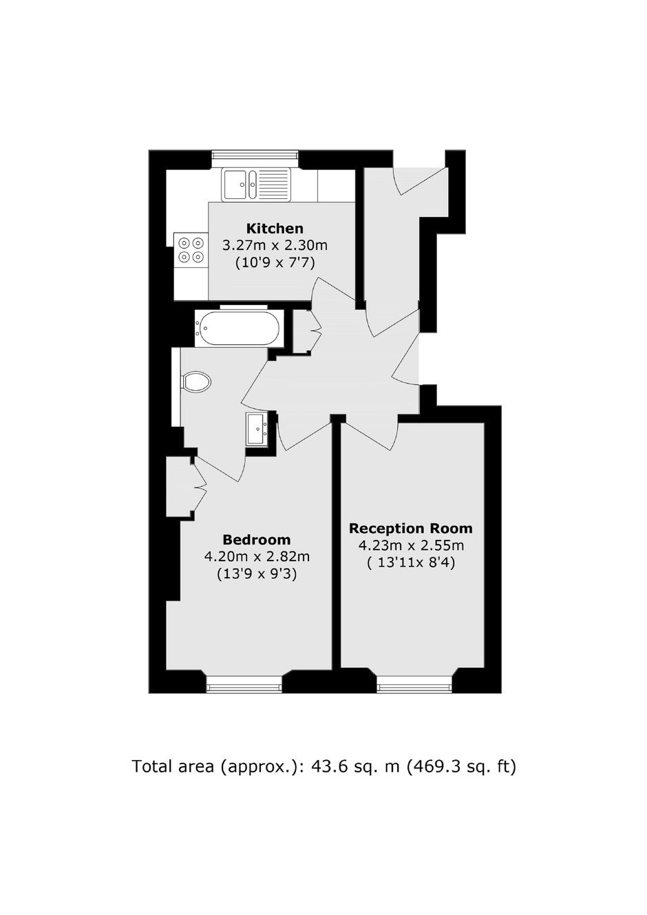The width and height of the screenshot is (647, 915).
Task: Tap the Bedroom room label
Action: point(257,540)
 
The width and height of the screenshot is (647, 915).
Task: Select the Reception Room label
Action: point(410,528)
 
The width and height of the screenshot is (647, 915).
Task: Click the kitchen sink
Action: point(256,185)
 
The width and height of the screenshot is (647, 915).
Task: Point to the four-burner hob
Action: point(191,250)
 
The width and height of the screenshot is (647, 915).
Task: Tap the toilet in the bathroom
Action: point(196,381)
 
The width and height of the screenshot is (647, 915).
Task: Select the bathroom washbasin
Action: point(257,428)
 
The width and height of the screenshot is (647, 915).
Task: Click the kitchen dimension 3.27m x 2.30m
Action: point(275,246)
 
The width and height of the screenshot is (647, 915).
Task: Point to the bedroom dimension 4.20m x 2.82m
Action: point(257,557)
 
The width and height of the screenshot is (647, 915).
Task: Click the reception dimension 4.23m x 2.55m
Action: point(411,546)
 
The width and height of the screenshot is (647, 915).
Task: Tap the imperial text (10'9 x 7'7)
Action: point(275,264)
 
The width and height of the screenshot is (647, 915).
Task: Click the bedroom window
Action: point(244,684)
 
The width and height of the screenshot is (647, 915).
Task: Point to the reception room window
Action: point(414,684)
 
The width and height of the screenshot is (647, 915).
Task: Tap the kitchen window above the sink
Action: point(256,158)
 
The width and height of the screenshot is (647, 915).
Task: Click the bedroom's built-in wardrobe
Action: point(180,487)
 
